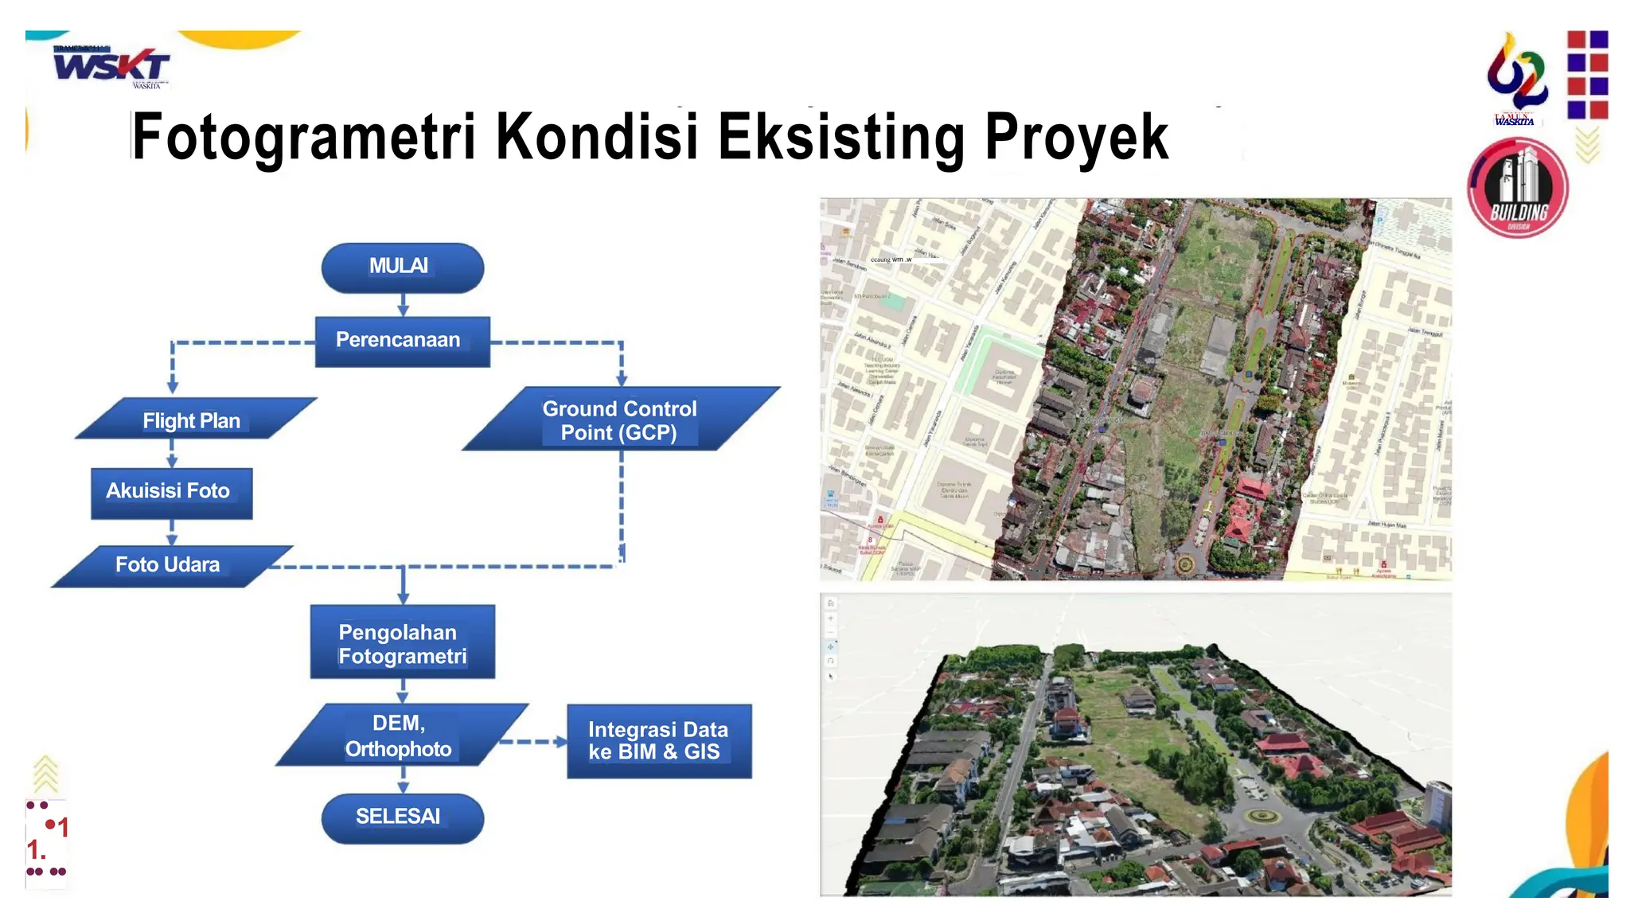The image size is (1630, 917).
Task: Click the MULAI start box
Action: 402,267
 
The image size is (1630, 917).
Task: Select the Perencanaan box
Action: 402,341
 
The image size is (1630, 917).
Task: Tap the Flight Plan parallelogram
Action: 194,419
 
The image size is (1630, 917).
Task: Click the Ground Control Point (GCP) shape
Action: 620,419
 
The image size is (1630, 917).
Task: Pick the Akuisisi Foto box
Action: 171,493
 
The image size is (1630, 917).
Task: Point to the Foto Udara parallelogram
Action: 170,566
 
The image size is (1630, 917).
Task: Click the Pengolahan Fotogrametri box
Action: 402,642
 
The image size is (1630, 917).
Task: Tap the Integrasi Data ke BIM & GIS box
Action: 658,740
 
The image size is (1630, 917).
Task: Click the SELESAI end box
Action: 402,817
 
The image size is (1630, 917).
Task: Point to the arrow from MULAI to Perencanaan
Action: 403,305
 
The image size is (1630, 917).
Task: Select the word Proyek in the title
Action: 1076,137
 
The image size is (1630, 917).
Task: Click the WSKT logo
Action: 111,66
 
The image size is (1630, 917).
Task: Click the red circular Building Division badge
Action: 1517,189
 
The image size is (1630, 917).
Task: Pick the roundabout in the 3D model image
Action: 1261,816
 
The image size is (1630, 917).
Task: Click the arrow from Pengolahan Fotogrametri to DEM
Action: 403,691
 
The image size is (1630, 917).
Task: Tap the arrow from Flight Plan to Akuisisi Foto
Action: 172,454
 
